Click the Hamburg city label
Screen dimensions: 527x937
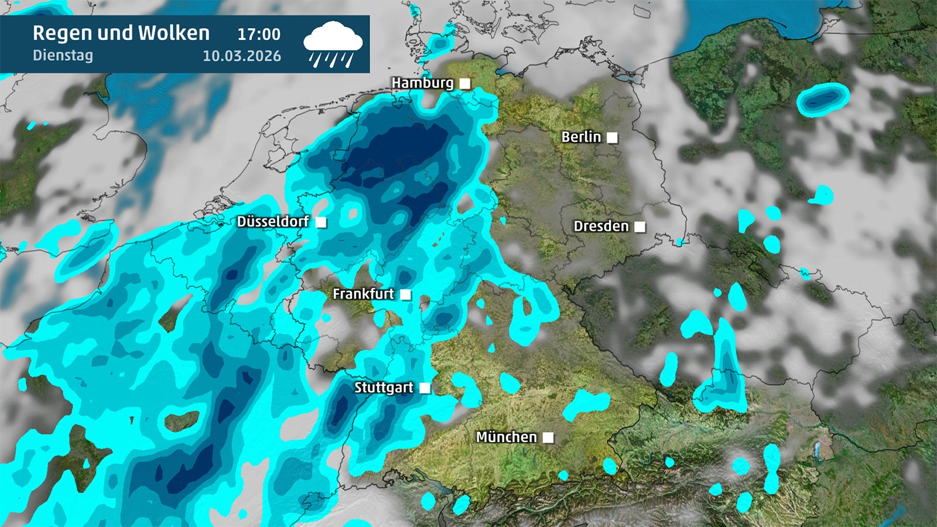click(422, 83)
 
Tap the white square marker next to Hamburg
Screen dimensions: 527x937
click(465, 84)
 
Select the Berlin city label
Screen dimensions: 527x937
click(581, 137)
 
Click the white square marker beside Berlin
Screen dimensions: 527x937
click(612, 138)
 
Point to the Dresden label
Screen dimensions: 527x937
click(601, 226)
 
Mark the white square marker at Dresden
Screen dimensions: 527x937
click(640, 227)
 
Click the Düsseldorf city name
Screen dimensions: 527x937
click(272, 221)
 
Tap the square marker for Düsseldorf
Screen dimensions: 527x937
click(321, 222)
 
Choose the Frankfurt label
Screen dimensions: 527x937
click(363, 294)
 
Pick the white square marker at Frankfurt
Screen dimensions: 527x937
click(405, 295)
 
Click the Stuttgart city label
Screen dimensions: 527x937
click(384, 388)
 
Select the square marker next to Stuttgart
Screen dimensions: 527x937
click(425, 388)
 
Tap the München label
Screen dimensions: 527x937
click(506, 437)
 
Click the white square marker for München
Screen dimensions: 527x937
click(548, 437)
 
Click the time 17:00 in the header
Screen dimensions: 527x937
click(259, 35)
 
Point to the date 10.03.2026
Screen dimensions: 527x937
click(242, 56)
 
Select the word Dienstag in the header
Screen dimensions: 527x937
click(63, 56)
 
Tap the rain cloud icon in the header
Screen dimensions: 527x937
click(333, 44)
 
